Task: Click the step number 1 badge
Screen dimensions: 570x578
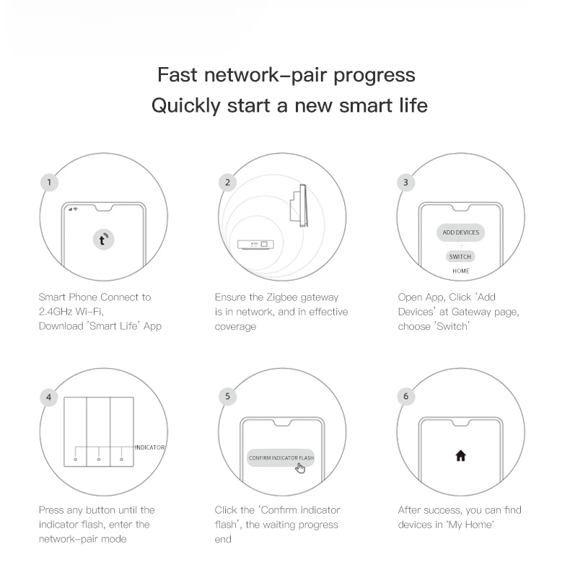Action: [x=49, y=182]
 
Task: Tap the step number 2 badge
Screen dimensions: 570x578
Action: [x=227, y=182]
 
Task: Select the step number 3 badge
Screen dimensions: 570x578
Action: [x=405, y=182]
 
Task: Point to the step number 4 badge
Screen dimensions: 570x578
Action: [x=48, y=397]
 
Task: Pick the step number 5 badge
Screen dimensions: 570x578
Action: [x=227, y=396]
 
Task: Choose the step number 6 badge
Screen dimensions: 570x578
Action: [x=405, y=396]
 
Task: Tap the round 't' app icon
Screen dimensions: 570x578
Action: [x=104, y=240]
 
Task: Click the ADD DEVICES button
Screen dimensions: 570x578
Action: [x=460, y=232]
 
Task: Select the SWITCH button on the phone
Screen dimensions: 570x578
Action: [x=460, y=257]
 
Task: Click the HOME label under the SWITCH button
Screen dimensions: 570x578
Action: [x=461, y=271]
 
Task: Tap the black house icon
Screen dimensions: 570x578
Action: [x=460, y=456]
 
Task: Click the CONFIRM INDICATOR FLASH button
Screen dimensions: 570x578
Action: [x=281, y=457]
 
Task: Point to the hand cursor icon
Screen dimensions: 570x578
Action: [x=300, y=468]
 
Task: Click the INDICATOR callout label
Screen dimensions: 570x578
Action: [x=149, y=447]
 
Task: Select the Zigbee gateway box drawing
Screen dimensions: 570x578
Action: [x=255, y=245]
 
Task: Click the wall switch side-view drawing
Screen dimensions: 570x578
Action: [x=299, y=206]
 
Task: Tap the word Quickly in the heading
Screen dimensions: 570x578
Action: [x=186, y=106]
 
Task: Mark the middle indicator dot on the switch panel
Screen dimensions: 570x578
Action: [x=98, y=460]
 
